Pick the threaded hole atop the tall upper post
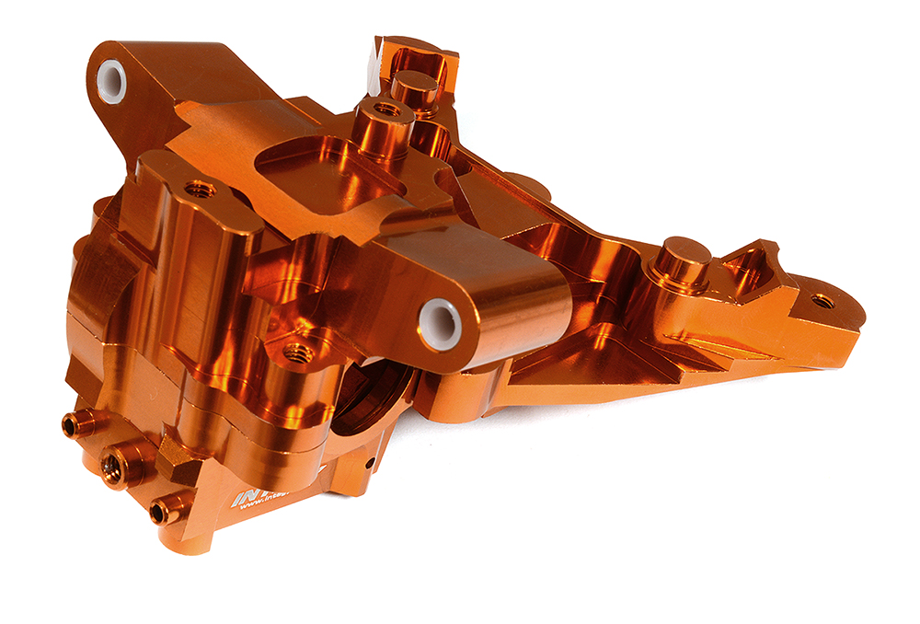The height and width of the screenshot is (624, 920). [385, 110]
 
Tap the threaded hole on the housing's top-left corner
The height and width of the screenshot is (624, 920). [200, 191]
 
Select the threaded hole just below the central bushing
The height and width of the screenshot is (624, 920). [296, 351]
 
